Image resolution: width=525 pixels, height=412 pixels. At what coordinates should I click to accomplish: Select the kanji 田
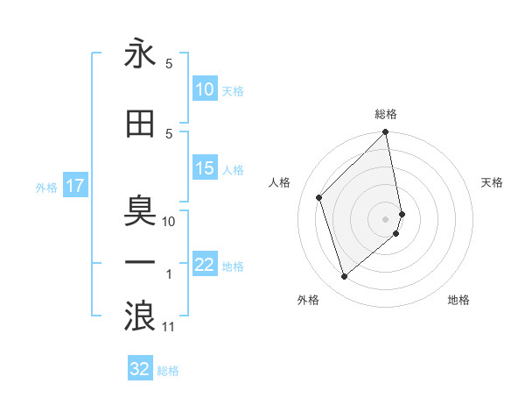point(140,124)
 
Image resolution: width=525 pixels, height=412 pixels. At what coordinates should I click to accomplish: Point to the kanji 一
point(140,262)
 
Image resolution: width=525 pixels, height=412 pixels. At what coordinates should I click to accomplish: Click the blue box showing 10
point(205,89)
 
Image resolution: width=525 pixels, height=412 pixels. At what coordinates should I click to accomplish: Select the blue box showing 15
point(205,168)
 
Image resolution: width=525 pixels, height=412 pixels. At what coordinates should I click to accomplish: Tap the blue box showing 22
point(205,266)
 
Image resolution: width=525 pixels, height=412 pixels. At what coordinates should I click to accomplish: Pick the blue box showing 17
point(74,186)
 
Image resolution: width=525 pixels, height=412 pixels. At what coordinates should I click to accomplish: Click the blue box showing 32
point(140,369)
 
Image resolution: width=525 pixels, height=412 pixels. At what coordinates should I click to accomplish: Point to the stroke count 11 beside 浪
point(170,327)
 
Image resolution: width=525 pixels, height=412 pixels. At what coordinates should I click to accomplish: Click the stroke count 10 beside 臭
point(170,221)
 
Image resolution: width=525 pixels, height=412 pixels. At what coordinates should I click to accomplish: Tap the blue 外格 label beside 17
point(46,187)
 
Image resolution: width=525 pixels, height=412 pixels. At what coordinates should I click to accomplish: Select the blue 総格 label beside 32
point(169,371)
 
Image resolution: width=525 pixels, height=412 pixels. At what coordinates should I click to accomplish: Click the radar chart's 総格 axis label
point(386,114)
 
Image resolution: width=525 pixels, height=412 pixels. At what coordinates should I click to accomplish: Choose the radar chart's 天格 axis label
point(493,182)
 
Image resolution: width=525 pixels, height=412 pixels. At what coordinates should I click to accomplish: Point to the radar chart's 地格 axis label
point(458,301)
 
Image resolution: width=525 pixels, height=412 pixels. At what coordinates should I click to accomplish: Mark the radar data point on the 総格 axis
point(386,133)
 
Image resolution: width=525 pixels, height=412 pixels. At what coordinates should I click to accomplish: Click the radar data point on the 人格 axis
point(319,197)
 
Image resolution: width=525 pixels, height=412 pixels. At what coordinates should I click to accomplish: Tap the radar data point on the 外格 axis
point(345,277)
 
